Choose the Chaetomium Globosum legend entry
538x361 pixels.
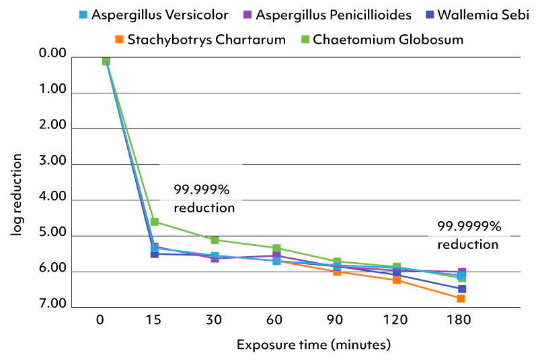(x=384, y=39)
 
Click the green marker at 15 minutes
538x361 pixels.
(x=155, y=222)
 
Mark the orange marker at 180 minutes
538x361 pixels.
(x=461, y=298)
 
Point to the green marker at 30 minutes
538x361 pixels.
(x=215, y=240)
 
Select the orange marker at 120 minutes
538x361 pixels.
(x=397, y=280)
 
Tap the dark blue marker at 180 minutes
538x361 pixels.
(x=461, y=289)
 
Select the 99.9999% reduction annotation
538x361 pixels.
(x=468, y=235)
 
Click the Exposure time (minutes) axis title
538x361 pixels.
(x=313, y=346)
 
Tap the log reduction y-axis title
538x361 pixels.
(x=16, y=195)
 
